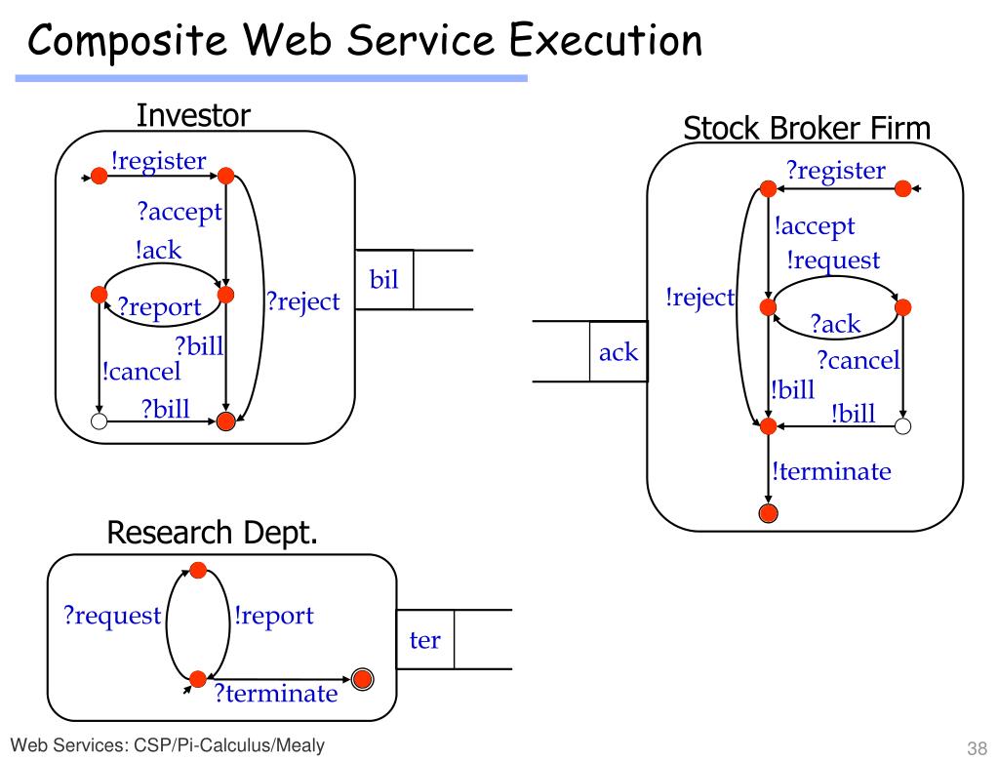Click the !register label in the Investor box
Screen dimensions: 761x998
158,161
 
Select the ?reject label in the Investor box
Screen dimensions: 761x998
302,301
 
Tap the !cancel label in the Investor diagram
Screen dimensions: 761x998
141,371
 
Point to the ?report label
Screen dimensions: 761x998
159,307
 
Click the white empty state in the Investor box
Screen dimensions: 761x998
98,421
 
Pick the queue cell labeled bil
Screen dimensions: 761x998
384,280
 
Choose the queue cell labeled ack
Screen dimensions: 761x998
619,352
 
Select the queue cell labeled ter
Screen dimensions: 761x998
425,640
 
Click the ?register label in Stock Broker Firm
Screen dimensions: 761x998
836,172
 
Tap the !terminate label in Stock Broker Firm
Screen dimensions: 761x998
831,472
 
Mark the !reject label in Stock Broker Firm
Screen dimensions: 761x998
699,298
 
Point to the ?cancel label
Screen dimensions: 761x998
858,361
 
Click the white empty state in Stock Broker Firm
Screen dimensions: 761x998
903,425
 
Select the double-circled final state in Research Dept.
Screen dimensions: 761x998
362,680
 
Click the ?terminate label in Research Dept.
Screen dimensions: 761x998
275,694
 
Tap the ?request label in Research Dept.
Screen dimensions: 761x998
112,616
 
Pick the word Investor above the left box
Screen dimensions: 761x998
193,116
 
